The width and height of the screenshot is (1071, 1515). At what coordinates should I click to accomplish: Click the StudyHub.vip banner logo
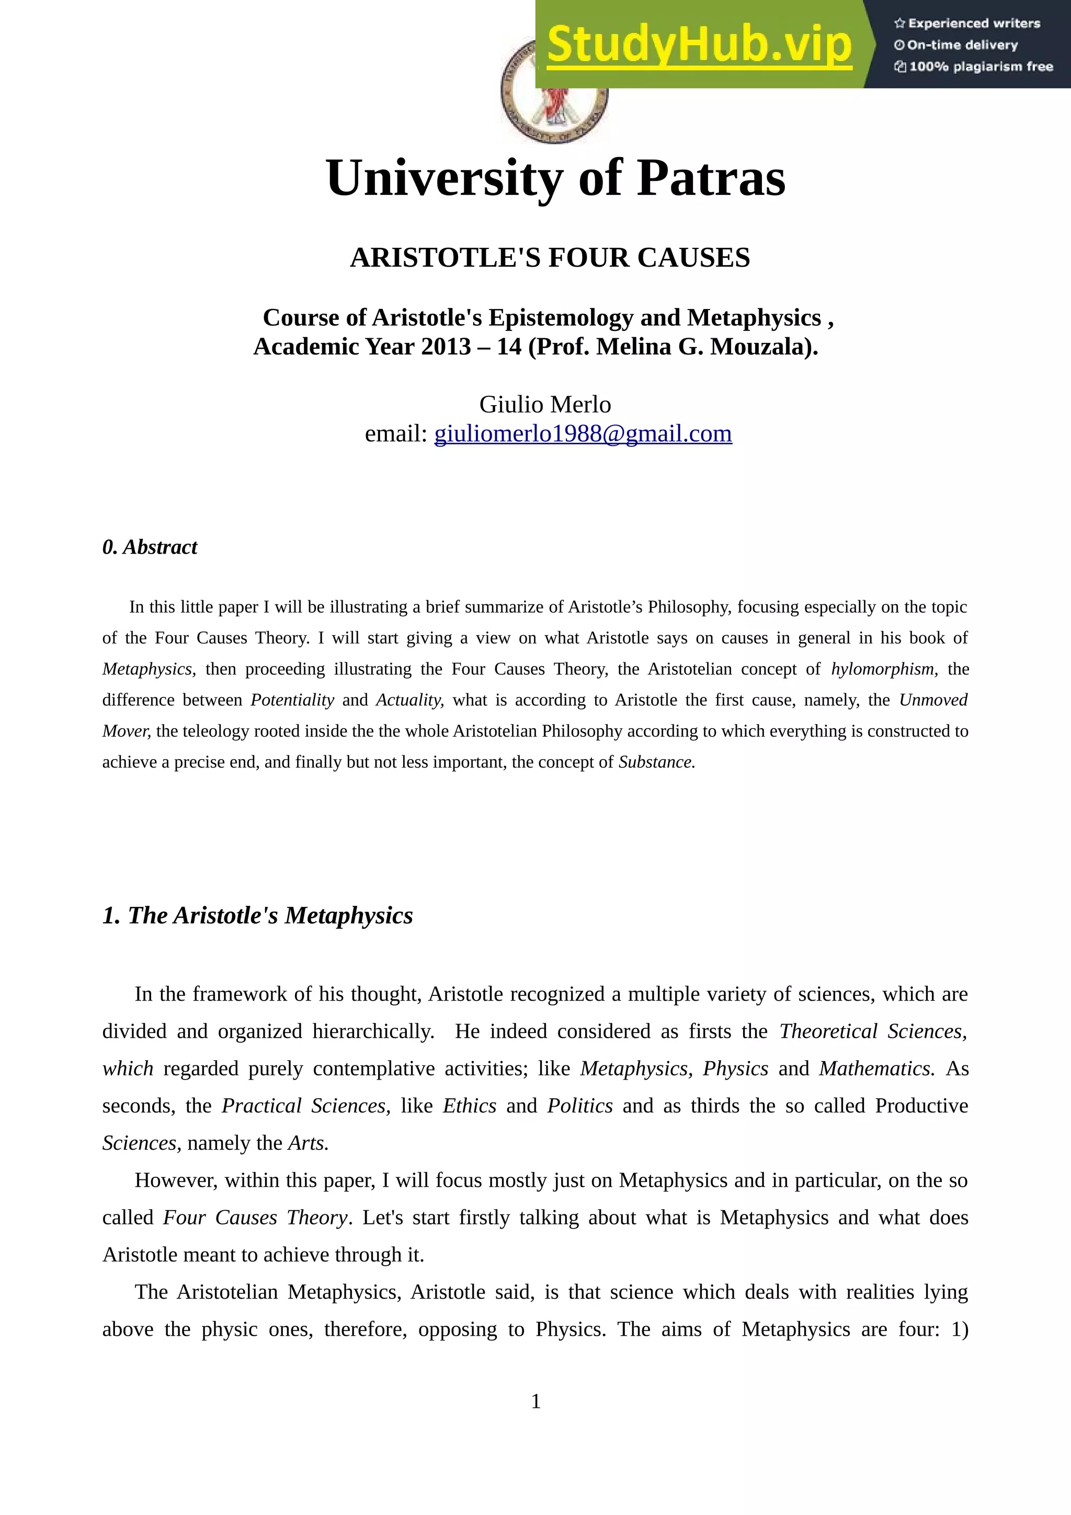coord(700,45)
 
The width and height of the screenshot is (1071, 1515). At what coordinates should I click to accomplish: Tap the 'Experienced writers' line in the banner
coord(967,23)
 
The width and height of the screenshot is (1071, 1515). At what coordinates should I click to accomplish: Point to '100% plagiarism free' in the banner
coord(974,66)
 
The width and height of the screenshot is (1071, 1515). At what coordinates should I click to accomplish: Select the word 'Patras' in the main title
coord(711,178)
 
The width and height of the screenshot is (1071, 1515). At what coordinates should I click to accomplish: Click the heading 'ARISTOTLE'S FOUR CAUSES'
coord(550,257)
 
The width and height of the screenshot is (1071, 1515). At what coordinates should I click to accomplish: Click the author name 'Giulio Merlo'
coord(545,404)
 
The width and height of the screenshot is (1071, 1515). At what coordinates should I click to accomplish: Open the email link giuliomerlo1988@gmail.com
coord(583,433)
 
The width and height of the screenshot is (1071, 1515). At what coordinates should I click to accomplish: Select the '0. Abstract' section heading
coord(150,547)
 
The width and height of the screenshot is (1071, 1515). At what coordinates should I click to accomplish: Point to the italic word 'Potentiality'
coord(292,700)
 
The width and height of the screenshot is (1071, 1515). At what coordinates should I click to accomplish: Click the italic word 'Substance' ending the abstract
coord(655,762)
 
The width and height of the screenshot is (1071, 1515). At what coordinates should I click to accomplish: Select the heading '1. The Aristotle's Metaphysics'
coord(257,915)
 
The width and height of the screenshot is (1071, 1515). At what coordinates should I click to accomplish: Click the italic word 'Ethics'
coord(469,1105)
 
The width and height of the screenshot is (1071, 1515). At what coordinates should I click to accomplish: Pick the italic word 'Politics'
coord(579,1105)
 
